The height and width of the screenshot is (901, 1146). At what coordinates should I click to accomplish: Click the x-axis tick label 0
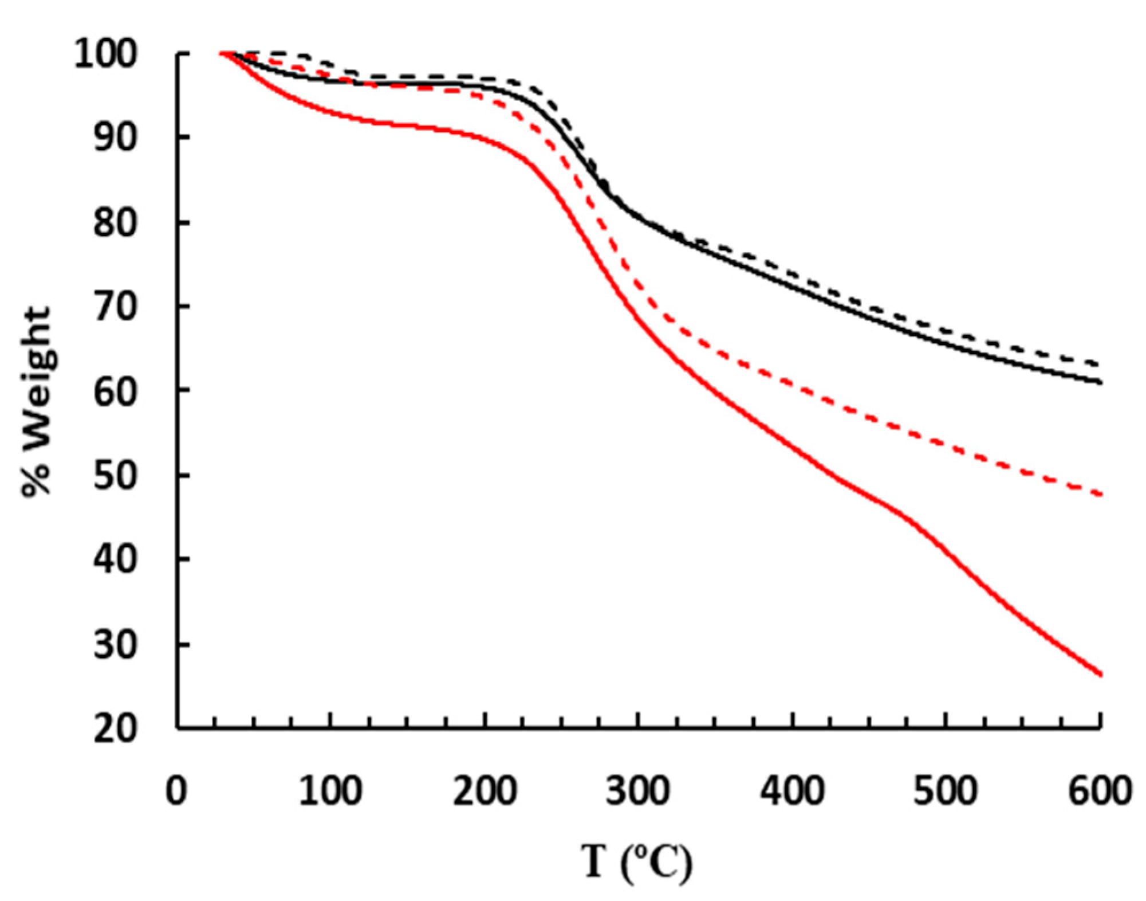(x=176, y=792)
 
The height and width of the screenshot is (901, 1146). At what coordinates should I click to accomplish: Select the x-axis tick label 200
(x=485, y=792)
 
